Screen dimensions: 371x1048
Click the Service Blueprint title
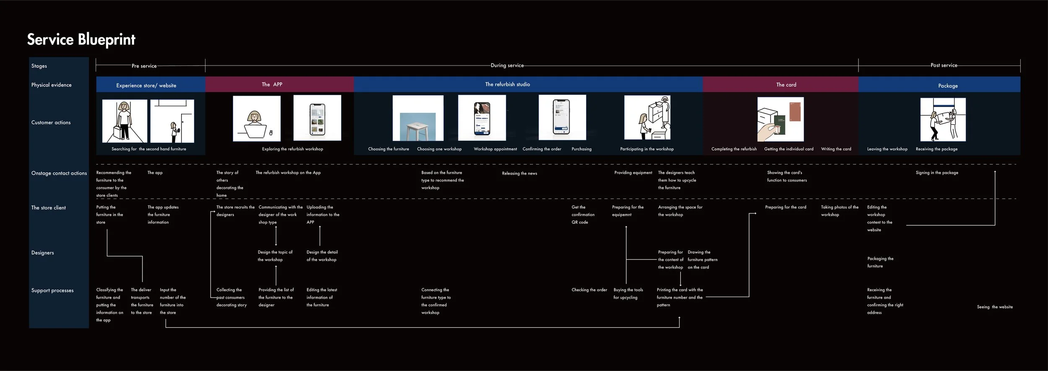(81, 39)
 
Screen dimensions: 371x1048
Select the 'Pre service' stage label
(144, 66)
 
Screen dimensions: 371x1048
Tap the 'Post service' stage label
(944, 65)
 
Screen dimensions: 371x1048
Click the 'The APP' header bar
(272, 84)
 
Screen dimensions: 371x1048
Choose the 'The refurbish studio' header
(507, 84)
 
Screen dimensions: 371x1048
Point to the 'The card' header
(786, 85)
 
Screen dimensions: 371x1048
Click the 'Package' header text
(948, 86)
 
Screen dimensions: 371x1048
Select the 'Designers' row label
(42, 253)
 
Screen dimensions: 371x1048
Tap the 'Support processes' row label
(52, 290)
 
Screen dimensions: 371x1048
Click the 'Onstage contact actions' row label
(59, 173)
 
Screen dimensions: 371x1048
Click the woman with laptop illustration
(257, 119)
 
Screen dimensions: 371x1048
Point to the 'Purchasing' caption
(581, 149)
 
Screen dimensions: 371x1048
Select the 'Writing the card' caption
(836, 149)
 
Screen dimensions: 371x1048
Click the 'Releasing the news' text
(519, 173)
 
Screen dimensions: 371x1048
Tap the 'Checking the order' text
(589, 290)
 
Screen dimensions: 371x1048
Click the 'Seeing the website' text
(994, 307)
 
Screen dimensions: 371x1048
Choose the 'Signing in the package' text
(937, 172)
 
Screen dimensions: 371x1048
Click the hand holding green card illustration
(780, 120)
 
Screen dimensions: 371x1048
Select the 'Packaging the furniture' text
(880, 262)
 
